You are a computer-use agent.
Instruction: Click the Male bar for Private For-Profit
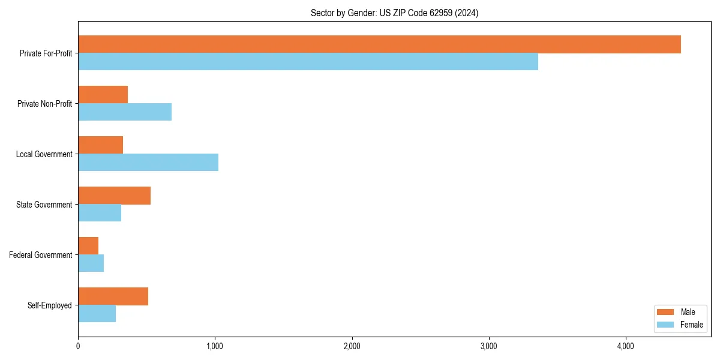click(x=379, y=44)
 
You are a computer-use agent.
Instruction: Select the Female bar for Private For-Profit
click(x=308, y=62)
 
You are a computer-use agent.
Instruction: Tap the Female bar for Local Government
click(x=148, y=163)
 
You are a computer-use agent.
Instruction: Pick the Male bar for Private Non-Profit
click(x=103, y=95)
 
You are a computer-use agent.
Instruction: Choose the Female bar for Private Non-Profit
click(x=125, y=112)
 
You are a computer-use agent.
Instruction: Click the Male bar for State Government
click(x=114, y=196)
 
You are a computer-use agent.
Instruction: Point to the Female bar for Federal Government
click(x=91, y=263)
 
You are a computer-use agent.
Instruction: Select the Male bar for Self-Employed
click(x=113, y=296)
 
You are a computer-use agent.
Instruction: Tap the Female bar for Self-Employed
click(x=97, y=314)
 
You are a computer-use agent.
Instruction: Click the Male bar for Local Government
click(x=100, y=145)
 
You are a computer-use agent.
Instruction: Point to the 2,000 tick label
click(x=352, y=346)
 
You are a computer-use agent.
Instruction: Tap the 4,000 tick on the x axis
click(x=626, y=346)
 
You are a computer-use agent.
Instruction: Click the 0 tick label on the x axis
click(x=78, y=346)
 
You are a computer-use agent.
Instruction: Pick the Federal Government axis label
click(x=41, y=255)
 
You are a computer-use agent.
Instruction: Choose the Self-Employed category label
click(x=50, y=305)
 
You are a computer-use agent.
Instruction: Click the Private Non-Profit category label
click(x=44, y=104)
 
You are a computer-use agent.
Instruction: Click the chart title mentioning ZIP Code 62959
click(x=394, y=13)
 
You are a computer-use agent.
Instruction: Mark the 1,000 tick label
click(x=215, y=346)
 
